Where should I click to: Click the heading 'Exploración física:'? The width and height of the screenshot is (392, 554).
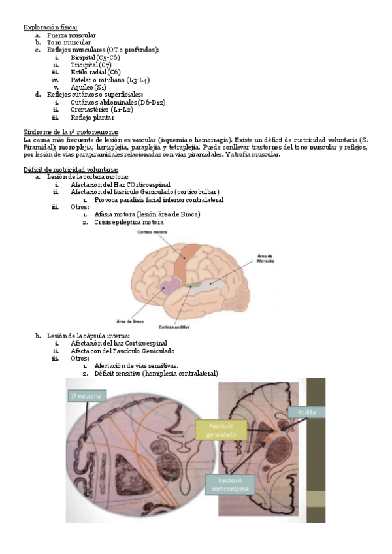(50, 27)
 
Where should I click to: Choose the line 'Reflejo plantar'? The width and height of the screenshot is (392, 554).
(92, 118)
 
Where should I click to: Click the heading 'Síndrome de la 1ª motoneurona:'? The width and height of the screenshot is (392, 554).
(70, 132)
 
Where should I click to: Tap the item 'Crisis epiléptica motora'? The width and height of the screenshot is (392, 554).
(129, 221)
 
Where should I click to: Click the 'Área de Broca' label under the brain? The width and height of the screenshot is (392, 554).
(129, 321)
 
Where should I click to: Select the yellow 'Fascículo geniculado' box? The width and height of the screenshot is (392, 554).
(223, 430)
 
